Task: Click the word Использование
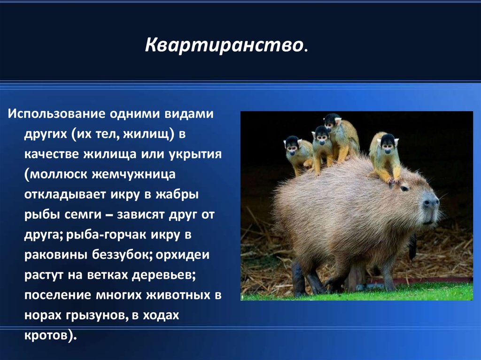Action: pyautogui.click(x=57, y=114)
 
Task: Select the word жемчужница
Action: pyautogui.click(x=134, y=174)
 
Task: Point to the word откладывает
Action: pyautogui.click(x=65, y=195)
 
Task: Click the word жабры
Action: pyautogui.click(x=177, y=195)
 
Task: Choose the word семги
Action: pyautogui.click(x=83, y=214)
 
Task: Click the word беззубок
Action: pyautogui.click(x=122, y=255)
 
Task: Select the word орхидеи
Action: pyautogui.click(x=183, y=255)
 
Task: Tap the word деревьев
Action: pyautogui.click(x=163, y=275)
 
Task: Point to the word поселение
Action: pyautogui.click(x=58, y=295)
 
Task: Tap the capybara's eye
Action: pyautogui.click(x=404, y=188)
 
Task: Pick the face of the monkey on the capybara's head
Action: pyautogui.click(x=388, y=146)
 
